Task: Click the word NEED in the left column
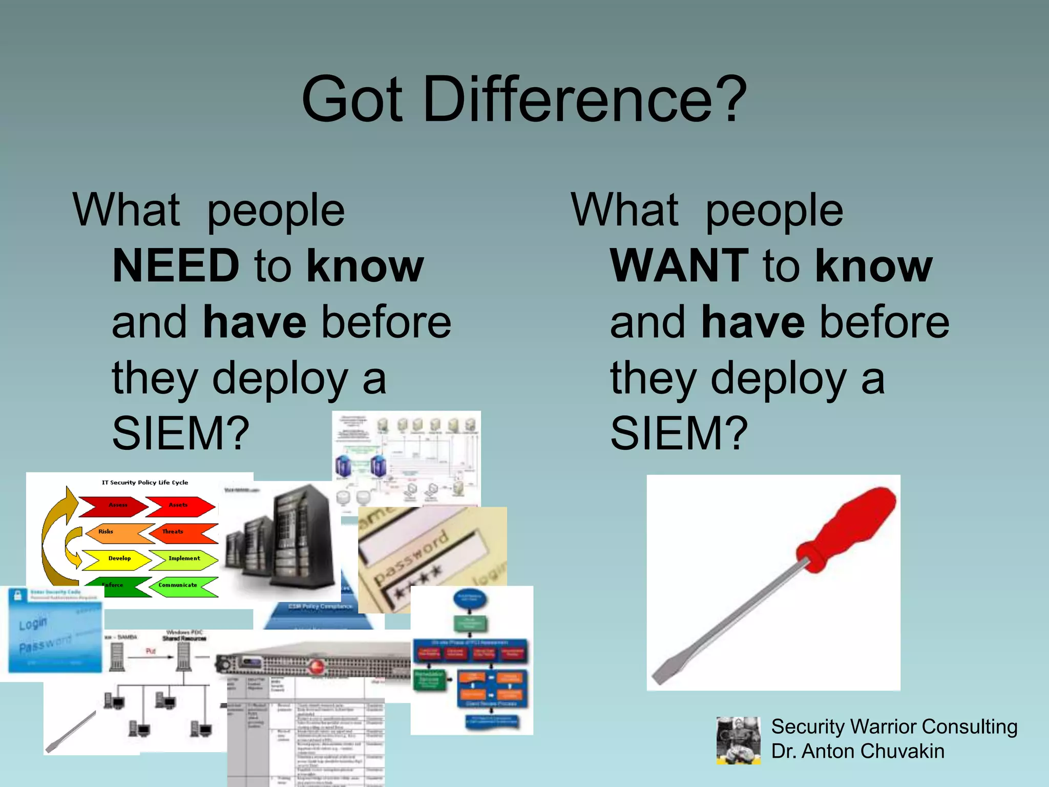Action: click(176, 265)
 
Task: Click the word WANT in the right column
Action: click(679, 265)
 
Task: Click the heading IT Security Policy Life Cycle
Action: click(145, 483)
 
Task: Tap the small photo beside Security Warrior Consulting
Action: click(738, 740)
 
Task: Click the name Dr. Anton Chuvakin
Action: click(857, 751)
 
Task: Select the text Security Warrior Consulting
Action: click(894, 727)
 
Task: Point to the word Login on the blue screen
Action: click(33, 624)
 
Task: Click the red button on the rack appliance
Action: click(316, 667)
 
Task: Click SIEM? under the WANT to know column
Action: click(679, 433)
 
